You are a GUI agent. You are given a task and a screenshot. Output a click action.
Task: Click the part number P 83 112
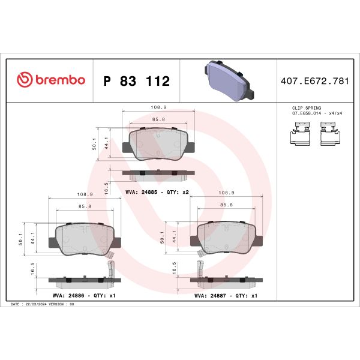[137, 81]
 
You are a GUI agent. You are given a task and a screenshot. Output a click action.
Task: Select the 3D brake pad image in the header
[227, 80]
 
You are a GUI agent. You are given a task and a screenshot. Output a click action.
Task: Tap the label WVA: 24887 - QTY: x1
[226, 296]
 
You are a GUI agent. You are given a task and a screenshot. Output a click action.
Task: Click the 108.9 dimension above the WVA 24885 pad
[158, 107]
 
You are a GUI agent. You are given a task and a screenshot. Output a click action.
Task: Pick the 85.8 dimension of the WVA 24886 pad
[85, 206]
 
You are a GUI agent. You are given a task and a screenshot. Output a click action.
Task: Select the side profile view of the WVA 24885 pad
[158, 175]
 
